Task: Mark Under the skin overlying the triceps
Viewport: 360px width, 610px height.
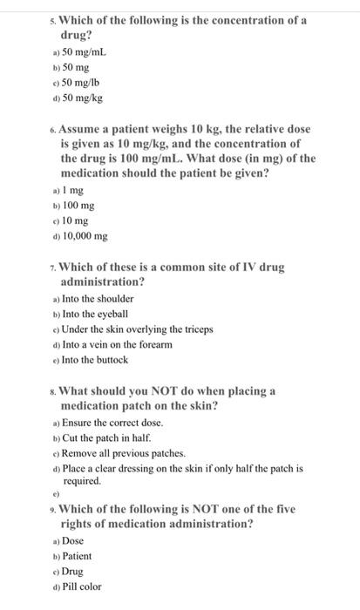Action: tap(137, 329)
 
